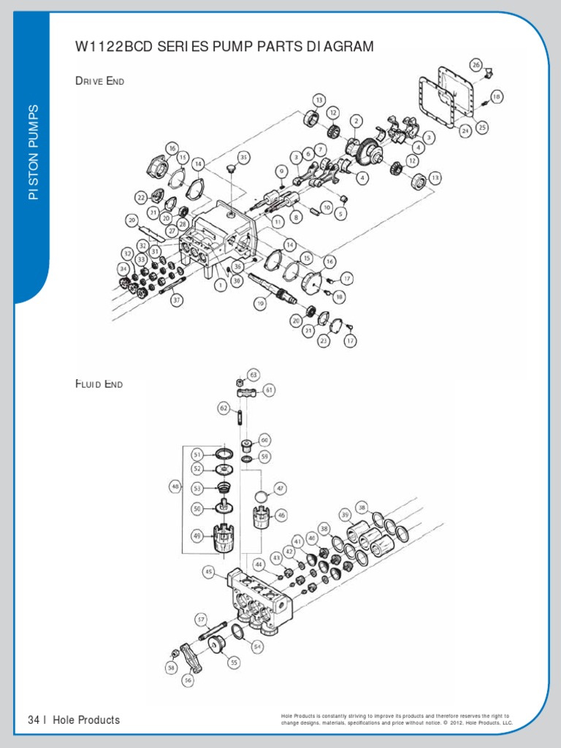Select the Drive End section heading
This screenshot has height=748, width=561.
[x=100, y=80]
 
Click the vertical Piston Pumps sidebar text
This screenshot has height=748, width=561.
[x=33, y=152]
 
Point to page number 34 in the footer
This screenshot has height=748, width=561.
[x=33, y=720]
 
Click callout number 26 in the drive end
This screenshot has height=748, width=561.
[x=476, y=65]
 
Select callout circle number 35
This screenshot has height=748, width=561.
[x=244, y=156]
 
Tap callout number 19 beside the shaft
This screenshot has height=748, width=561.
[x=259, y=302]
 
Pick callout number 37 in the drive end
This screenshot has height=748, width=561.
[x=175, y=299]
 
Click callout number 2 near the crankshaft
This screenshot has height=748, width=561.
[x=356, y=120]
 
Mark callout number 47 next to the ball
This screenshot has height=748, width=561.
[x=280, y=488]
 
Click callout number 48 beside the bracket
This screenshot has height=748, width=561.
[x=175, y=485]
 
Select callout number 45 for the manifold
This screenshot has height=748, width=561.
[x=209, y=572]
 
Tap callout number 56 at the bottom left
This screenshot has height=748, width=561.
[x=188, y=679]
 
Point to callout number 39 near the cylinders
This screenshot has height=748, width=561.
[x=346, y=515]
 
